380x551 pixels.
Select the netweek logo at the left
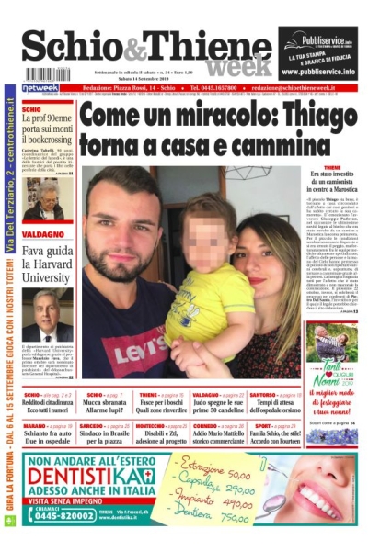coord(40,88)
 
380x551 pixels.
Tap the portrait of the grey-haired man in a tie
coord(52,314)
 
